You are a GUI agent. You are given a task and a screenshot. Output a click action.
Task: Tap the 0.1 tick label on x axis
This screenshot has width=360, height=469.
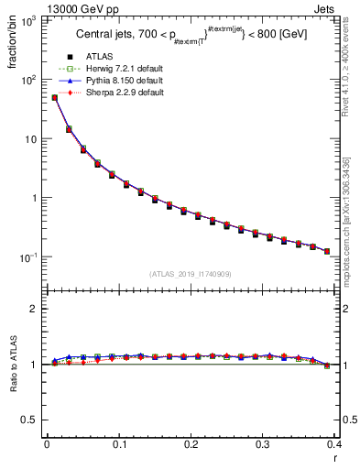[119, 443]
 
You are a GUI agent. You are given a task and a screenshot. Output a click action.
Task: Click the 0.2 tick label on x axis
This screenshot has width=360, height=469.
[191, 443]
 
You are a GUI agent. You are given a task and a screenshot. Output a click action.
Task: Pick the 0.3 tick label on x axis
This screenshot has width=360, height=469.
[263, 443]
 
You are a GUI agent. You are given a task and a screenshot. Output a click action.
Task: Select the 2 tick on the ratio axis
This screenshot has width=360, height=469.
[34, 309]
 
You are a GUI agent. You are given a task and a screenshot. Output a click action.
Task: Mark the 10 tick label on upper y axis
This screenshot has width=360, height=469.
[29, 139]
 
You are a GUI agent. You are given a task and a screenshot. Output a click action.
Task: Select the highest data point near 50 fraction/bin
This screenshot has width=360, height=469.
[55, 97]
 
